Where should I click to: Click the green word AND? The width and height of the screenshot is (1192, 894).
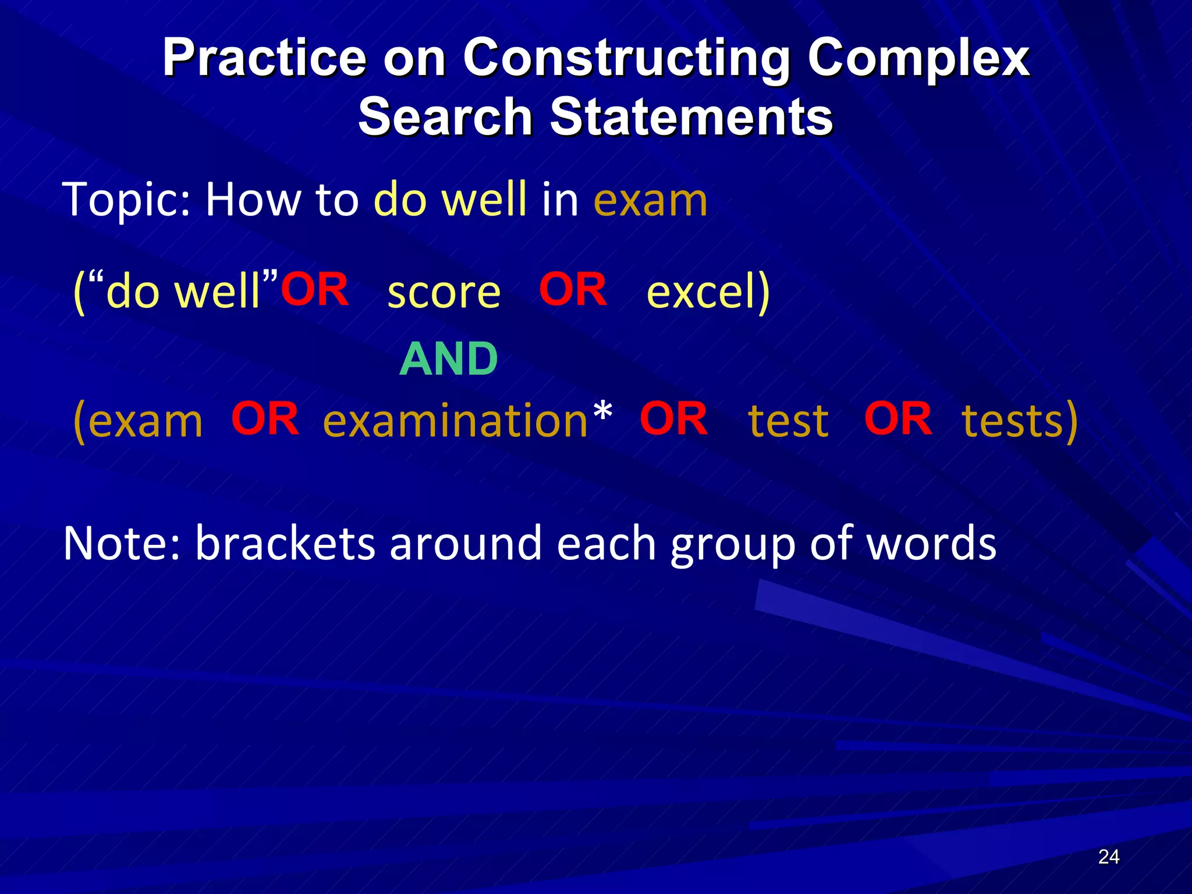(449, 359)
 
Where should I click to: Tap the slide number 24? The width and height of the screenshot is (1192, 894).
(1108, 857)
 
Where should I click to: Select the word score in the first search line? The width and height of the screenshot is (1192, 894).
(444, 292)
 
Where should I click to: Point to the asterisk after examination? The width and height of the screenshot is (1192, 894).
(603, 413)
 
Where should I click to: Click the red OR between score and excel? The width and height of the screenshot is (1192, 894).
(573, 289)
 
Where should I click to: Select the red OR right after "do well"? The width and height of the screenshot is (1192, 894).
(315, 289)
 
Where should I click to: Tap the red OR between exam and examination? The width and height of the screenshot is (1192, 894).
(265, 418)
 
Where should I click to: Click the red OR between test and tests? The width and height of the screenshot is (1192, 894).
(897, 418)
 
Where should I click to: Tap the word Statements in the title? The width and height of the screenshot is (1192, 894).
(690, 116)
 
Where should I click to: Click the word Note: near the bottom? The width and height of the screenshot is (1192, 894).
(122, 543)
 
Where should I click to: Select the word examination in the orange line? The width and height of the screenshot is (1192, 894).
(455, 421)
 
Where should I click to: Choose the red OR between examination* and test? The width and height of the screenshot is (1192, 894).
(673, 418)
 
